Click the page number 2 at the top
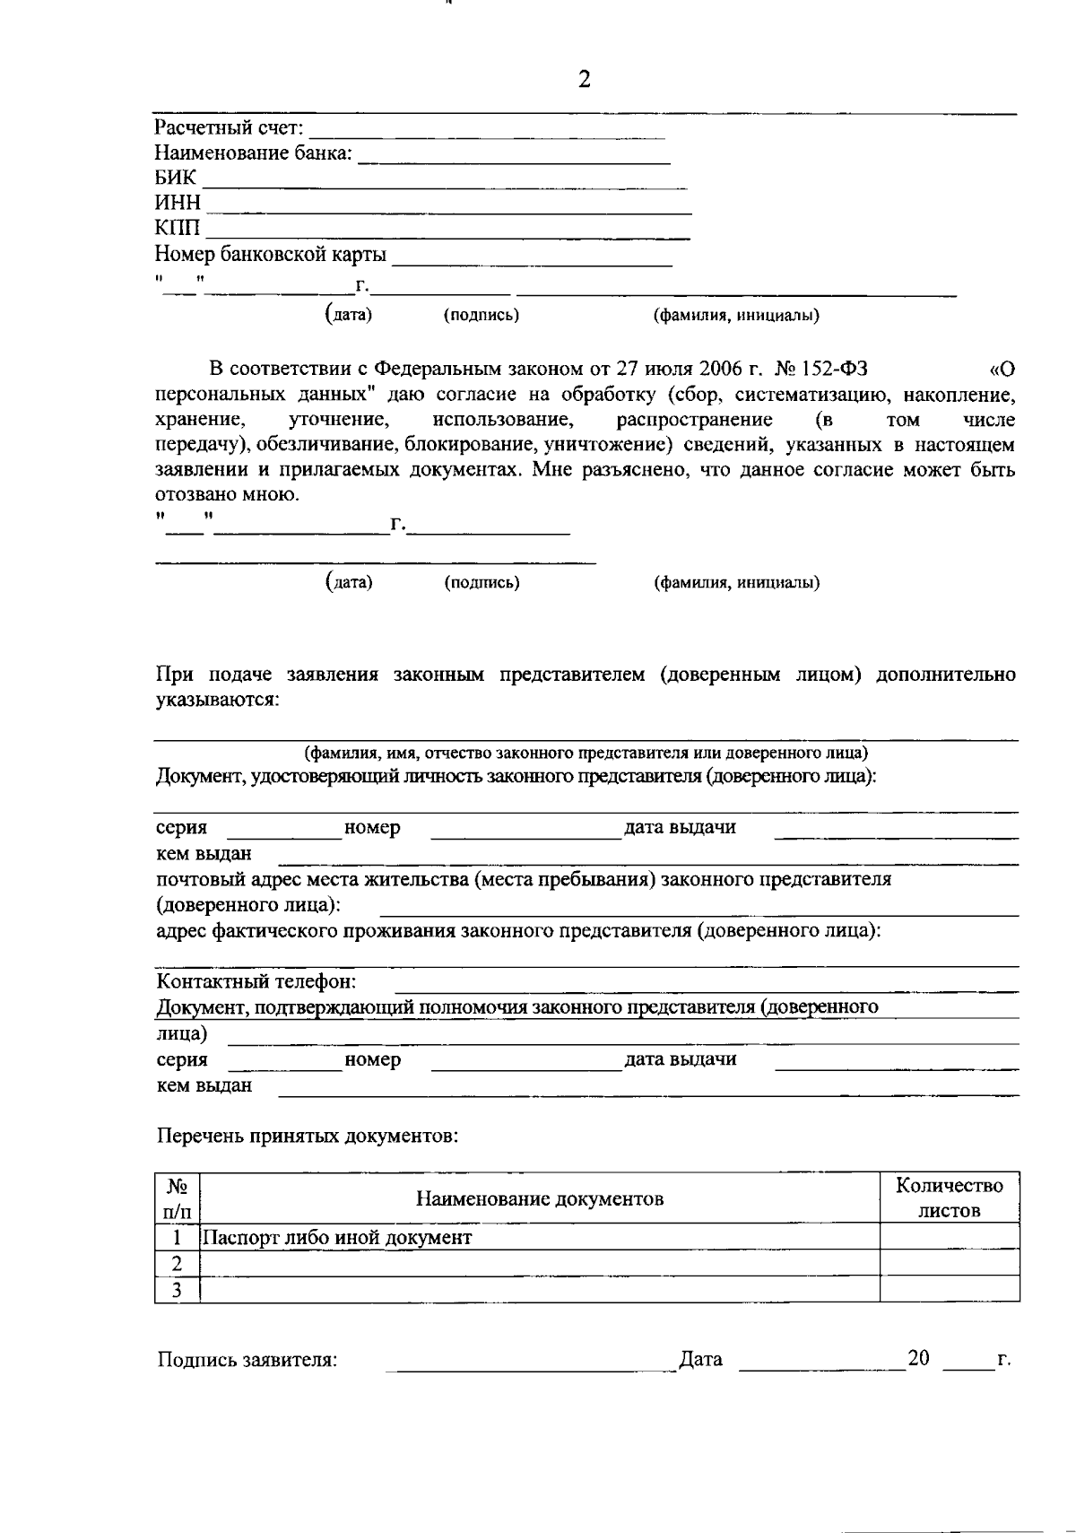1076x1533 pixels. click(x=585, y=81)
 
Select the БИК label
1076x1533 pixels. click(x=175, y=179)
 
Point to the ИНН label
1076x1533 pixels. click(x=178, y=204)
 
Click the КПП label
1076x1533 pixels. click(x=178, y=230)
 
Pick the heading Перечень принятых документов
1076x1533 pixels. click(x=308, y=1137)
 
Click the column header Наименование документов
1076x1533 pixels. click(x=539, y=1198)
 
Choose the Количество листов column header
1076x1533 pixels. click(x=950, y=1198)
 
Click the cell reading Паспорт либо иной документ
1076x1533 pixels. click(x=337, y=1238)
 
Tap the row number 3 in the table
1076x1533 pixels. click(x=177, y=1291)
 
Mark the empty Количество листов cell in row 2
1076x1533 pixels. click(x=950, y=1264)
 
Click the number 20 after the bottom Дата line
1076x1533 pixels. click(x=918, y=1357)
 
